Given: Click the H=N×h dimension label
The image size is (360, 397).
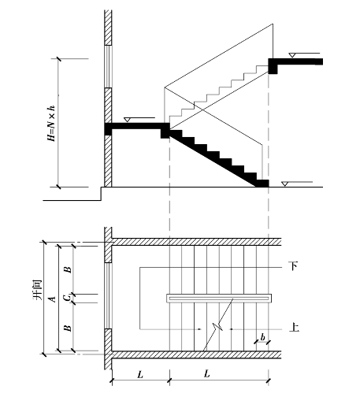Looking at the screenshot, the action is click(51, 124).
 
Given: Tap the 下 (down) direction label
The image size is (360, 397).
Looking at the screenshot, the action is click(294, 266).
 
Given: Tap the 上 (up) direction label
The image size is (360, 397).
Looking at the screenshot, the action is click(294, 328).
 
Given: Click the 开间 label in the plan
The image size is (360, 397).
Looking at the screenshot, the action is click(38, 290).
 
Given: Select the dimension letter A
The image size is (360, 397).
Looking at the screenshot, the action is click(53, 299).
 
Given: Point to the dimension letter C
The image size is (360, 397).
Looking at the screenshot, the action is click(68, 298).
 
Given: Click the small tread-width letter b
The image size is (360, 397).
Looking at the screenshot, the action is click(262, 337).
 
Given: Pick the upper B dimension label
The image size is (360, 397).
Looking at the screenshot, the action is click(68, 269).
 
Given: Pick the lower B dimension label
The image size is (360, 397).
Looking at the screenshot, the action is click(68, 328).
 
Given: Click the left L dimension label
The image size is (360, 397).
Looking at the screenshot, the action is click(140, 375).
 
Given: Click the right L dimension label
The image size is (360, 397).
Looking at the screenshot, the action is click(207, 373).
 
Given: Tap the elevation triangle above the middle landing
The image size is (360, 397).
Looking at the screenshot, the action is click(128, 120).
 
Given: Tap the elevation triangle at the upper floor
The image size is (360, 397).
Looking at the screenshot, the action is click(292, 55).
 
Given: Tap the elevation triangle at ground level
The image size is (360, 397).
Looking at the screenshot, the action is click(284, 184).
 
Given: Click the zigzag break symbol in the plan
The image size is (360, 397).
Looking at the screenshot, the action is click(218, 325).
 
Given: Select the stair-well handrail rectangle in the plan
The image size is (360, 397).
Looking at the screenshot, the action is click(219, 299).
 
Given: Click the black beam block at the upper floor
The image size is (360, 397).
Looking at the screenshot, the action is click(273, 66).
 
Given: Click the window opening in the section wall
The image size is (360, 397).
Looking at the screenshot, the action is click(108, 67).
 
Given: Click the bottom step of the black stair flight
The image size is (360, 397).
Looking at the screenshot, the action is click(262, 184).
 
